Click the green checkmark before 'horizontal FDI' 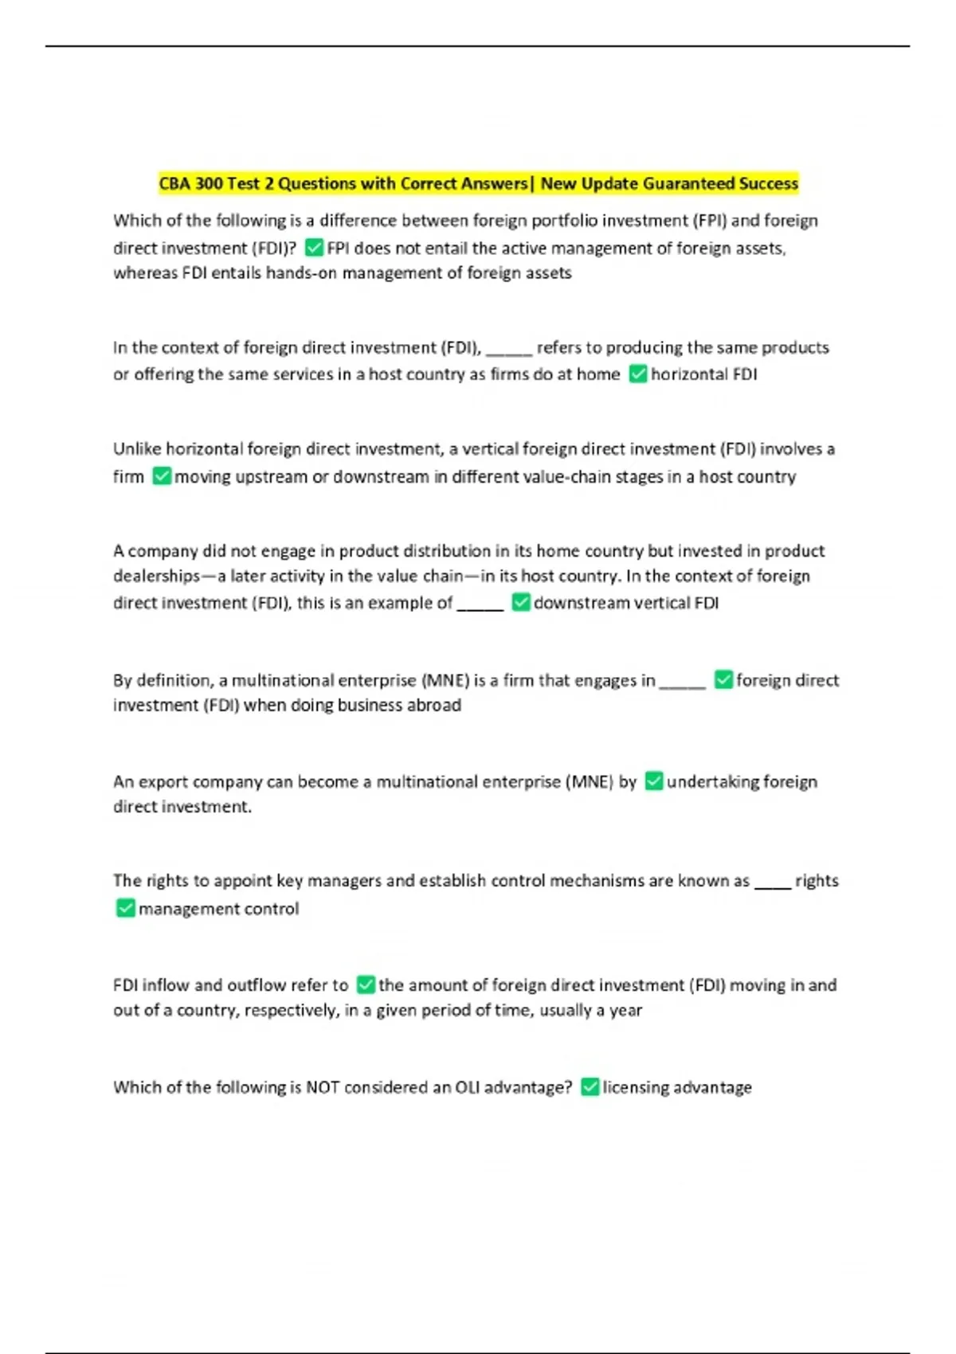click(638, 374)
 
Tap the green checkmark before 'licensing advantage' click(590, 1086)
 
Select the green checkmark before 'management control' click(125, 908)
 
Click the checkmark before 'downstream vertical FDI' click(521, 602)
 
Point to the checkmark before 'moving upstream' click(162, 476)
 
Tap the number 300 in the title click(209, 184)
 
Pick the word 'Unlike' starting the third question click(137, 449)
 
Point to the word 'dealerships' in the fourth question click(156, 576)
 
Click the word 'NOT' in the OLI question click(323, 1087)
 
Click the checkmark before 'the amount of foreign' click(366, 984)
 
